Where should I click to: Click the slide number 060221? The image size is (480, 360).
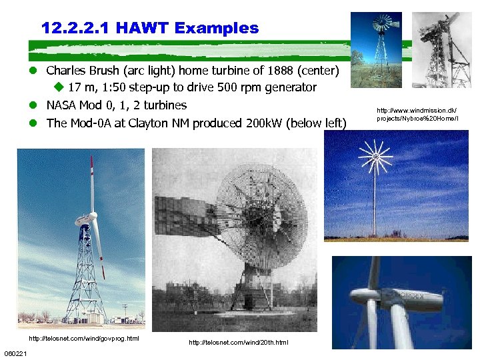[15, 353]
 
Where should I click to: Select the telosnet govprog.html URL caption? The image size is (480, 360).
[83, 339]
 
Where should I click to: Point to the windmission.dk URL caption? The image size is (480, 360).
[417, 114]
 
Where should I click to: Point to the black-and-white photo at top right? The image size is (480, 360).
[441, 50]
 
